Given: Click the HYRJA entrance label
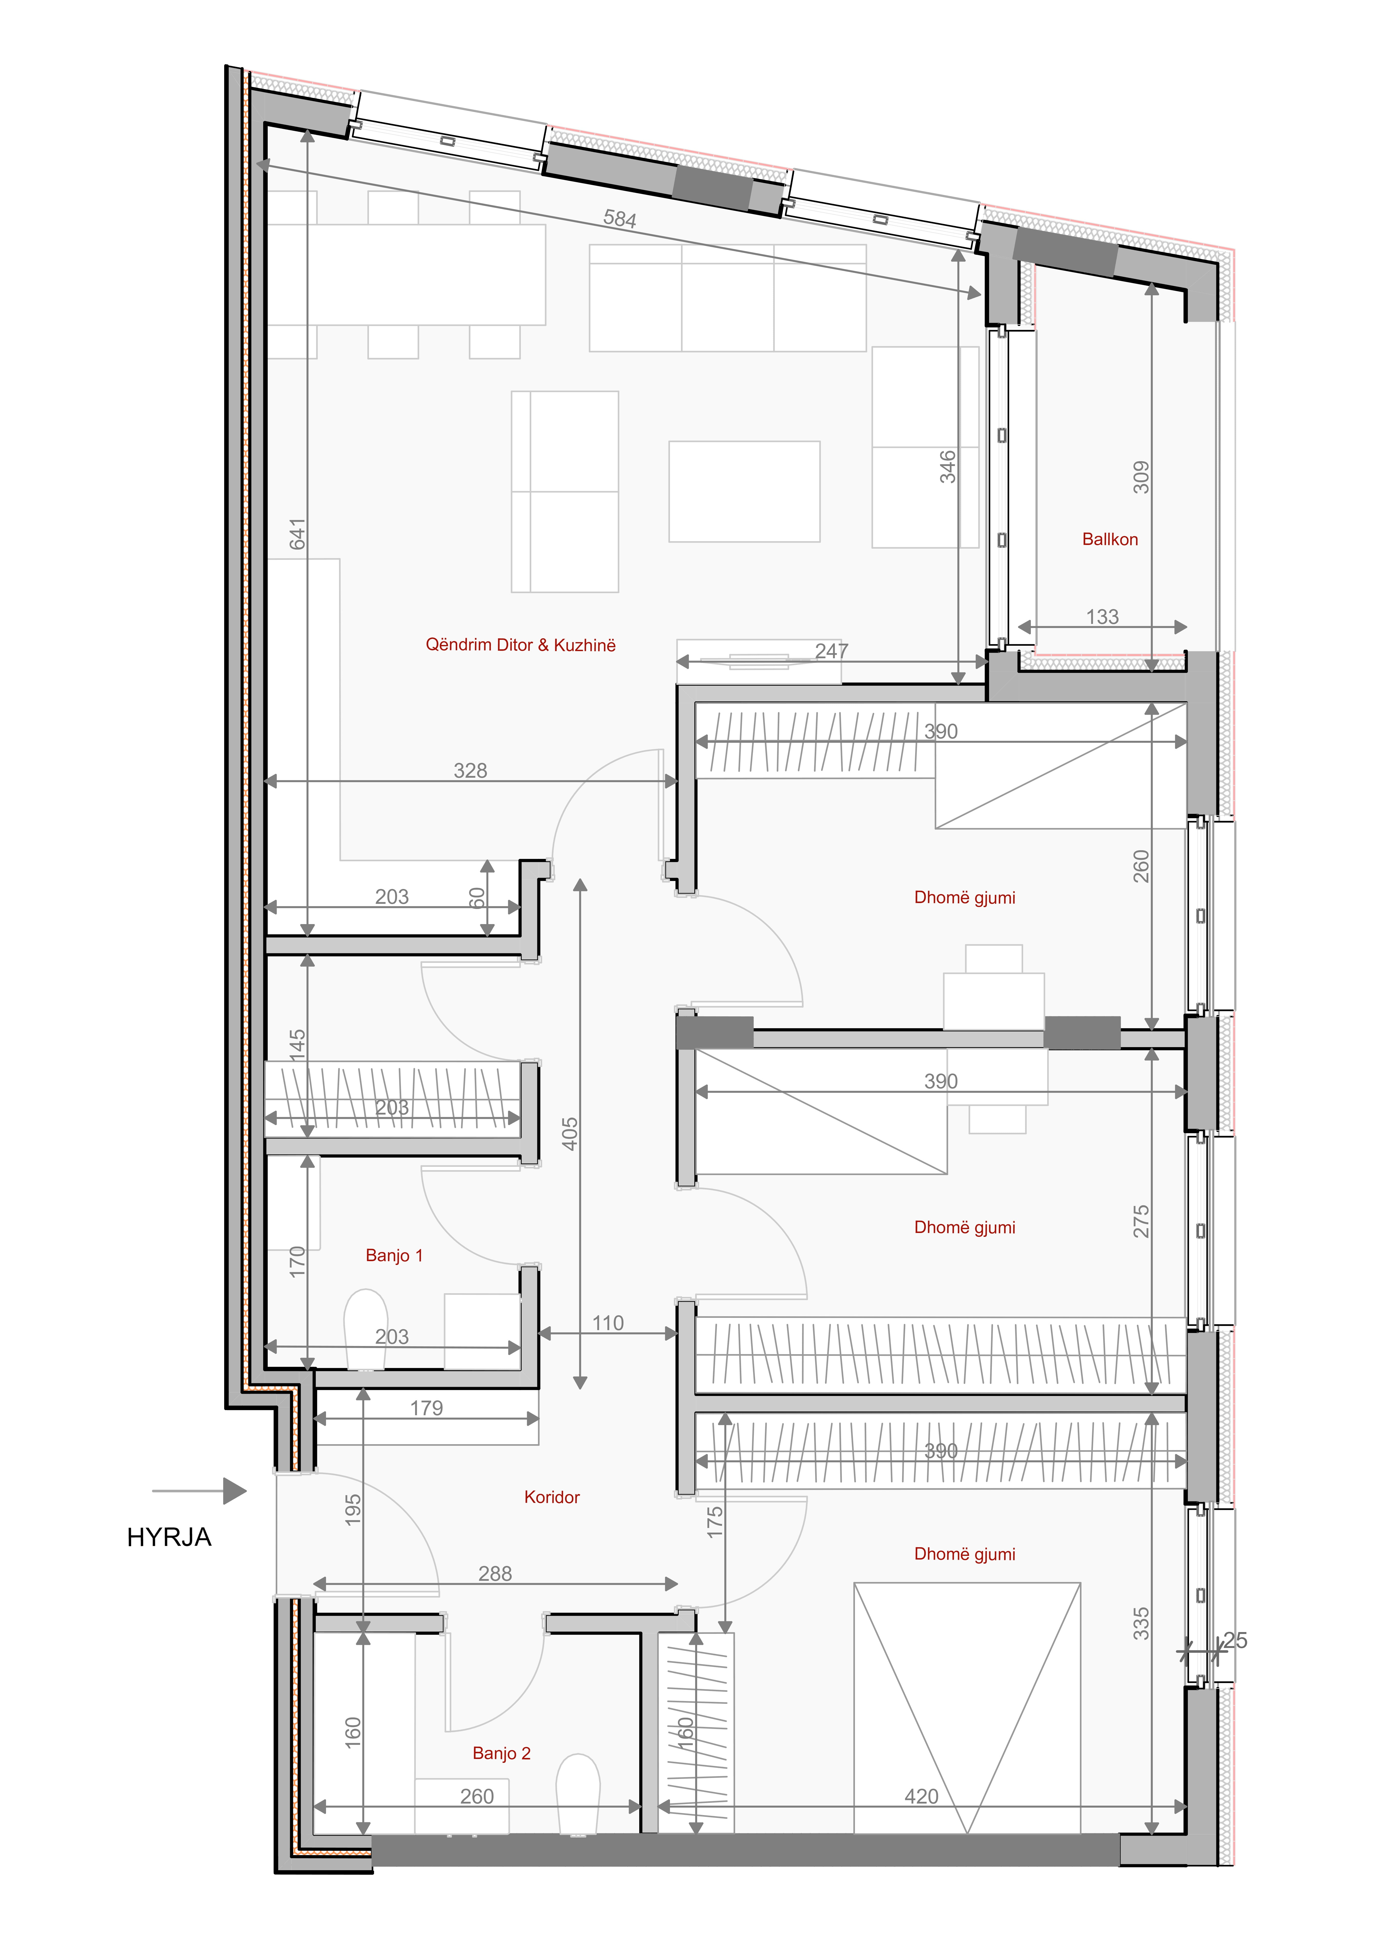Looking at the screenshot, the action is (x=169, y=1537).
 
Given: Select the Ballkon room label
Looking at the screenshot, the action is (x=1110, y=539).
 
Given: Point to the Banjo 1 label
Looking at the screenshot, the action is (x=394, y=1256).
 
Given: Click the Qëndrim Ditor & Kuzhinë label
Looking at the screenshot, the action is (x=520, y=645).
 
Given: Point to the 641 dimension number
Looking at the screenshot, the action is (x=297, y=534).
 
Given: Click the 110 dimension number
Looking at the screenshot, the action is (x=608, y=1323).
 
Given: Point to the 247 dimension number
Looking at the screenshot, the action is (x=831, y=651).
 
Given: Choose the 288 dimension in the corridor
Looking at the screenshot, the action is (x=495, y=1574).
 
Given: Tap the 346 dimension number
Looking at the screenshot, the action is (x=947, y=467).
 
